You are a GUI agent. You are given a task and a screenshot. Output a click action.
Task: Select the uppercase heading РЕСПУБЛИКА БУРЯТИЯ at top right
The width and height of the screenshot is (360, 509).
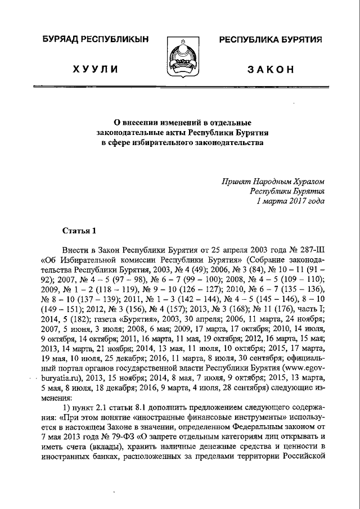[x=270, y=40]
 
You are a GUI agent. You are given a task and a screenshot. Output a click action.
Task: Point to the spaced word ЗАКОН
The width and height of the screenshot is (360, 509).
[x=271, y=69]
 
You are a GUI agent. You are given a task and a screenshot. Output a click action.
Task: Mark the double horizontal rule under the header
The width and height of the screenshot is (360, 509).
[x=180, y=88]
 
